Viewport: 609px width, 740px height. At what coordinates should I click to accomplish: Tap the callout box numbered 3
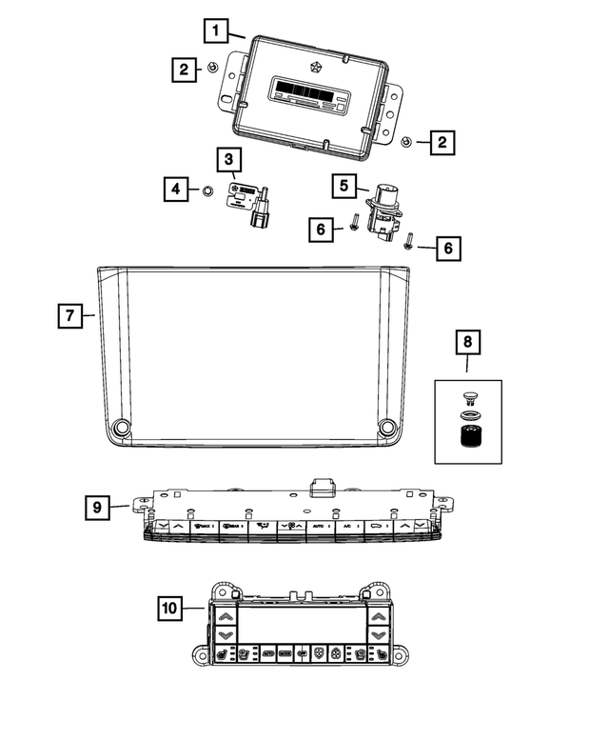[x=229, y=159]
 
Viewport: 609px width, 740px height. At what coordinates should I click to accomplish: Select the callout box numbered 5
[x=345, y=186]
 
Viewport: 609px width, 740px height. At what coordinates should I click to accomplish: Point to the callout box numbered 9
[x=96, y=508]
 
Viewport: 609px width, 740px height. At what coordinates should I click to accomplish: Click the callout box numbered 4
[x=174, y=190]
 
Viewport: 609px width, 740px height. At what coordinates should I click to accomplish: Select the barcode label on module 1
[x=306, y=91]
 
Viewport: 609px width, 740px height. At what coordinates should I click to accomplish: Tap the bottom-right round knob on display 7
[x=387, y=428]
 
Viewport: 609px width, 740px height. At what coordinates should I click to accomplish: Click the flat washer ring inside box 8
[x=467, y=414]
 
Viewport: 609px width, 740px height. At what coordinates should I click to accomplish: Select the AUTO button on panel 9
[x=320, y=526]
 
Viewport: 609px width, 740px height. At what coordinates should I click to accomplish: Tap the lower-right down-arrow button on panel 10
[x=379, y=634]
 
